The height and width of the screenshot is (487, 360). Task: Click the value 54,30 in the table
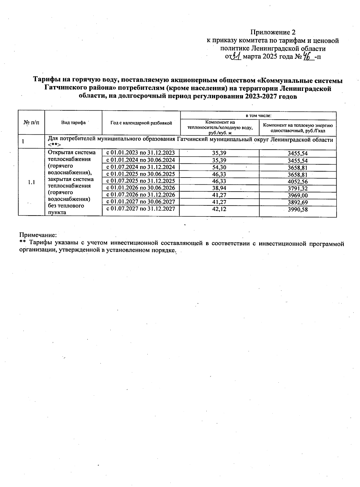click(219, 167)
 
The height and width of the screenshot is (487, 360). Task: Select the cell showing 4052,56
click(298, 182)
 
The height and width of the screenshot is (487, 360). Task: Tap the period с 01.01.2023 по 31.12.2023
click(141, 153)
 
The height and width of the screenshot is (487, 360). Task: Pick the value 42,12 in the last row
click(219, 209)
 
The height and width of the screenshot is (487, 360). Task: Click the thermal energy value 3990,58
click(298, 210)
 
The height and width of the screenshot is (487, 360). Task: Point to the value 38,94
click(219, 188)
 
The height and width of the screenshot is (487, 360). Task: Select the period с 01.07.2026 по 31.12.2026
click(141, 195)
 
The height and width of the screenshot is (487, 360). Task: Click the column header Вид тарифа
click(73, 123)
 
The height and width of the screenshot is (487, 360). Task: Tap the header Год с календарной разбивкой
click(141, 123)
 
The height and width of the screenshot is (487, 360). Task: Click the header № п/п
click(31, 123)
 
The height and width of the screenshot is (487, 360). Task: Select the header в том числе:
click(258, 115)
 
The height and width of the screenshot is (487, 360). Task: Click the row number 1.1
click(31, 182)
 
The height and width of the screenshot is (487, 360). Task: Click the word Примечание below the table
click(38, 235)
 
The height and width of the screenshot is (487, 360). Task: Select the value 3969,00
click(298, 196)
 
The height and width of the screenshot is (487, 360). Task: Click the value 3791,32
click(298, 189)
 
